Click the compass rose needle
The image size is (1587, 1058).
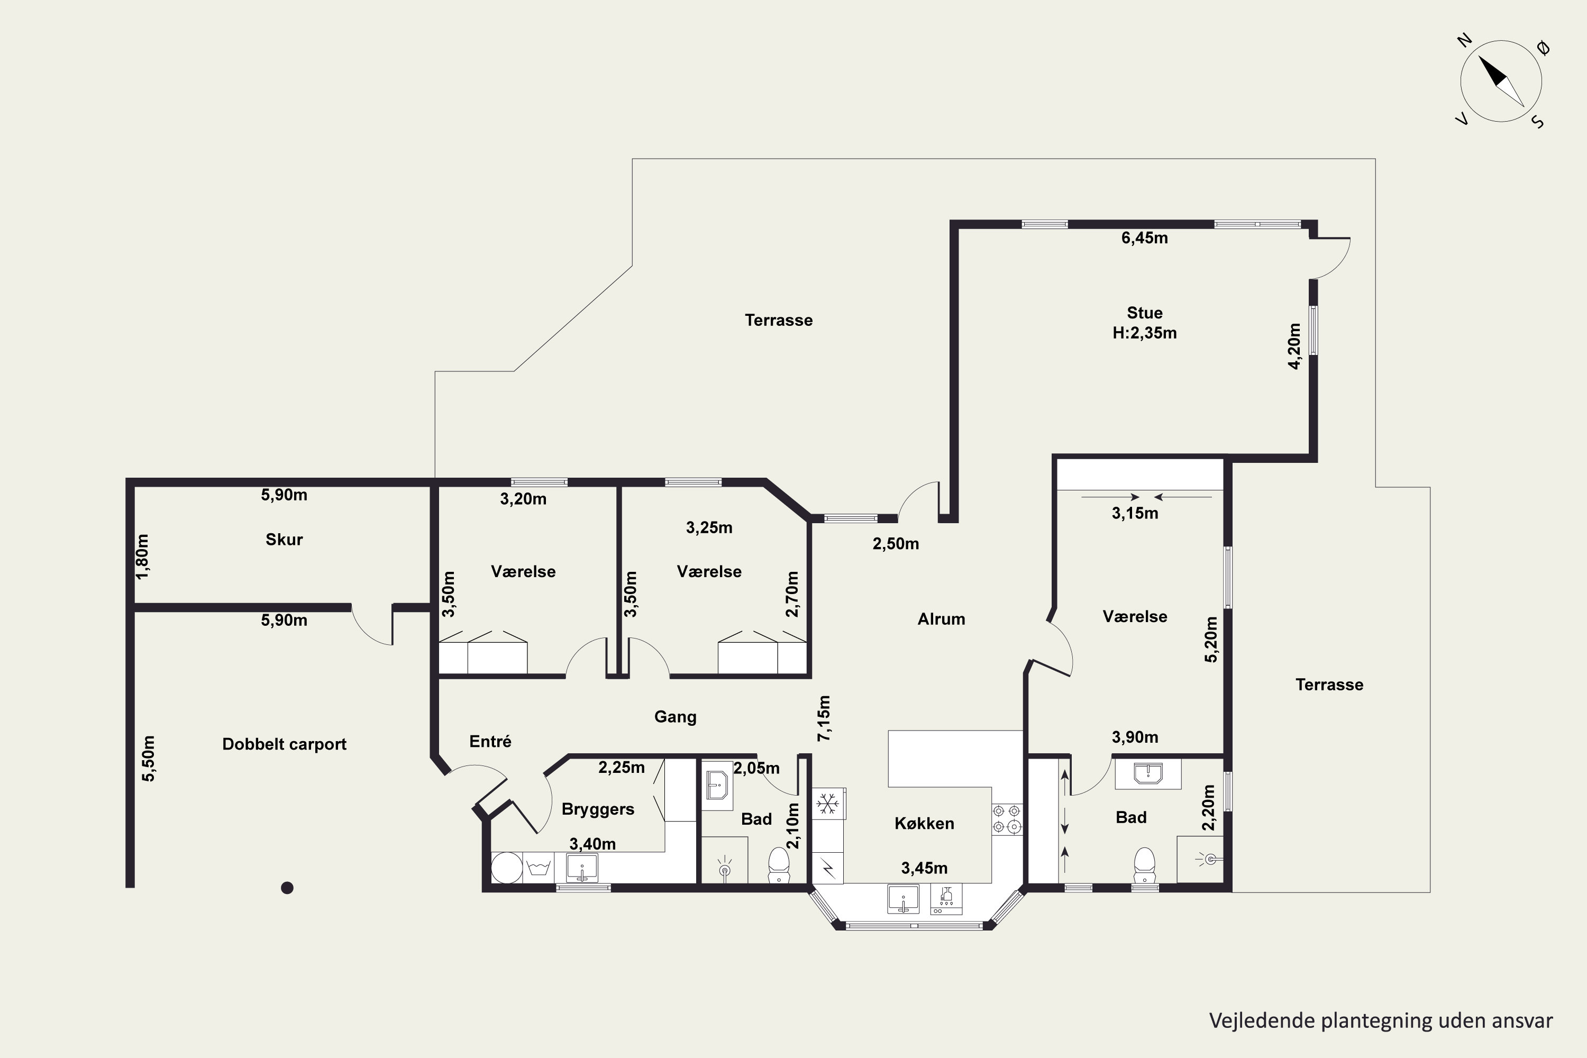[x=1501, y=81]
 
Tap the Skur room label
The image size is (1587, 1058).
[x=284, y=539]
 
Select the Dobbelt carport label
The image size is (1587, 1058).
[x=284, y=744]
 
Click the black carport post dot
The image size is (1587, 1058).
[x=287, y=888]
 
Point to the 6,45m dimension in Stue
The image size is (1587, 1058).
[x=1144, y=238]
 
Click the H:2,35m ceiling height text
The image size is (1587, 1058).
[x=1144, y=333]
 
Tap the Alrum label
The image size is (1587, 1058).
[x=941, y=619]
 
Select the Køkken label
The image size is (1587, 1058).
[x=924, y=823]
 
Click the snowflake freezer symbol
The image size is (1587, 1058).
[x=828, y=804]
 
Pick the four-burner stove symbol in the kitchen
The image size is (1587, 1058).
[x=1006, y=819]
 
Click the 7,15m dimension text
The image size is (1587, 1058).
[x=824, y=718]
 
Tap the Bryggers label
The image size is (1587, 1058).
[x=598, y=809]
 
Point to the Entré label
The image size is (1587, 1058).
[x=490, y=742]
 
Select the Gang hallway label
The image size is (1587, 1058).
[x=676, y=717]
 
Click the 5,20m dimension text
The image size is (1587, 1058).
[x=1211, y=639]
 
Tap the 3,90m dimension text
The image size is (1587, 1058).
[x=1135, y=737]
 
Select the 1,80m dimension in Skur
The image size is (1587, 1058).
[x=142, y=557]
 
